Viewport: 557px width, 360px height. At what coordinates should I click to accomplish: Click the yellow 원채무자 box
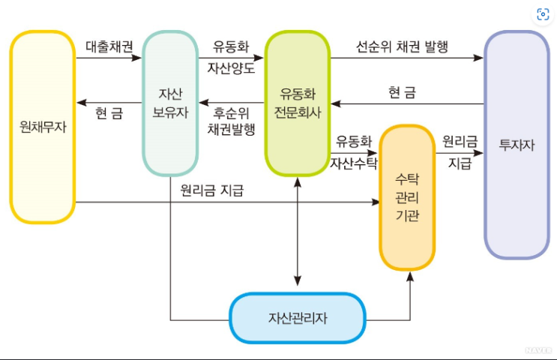pyautogui.click(x=43, y=127)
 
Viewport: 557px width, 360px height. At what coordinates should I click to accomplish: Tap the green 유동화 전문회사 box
pyautogui.click(x=298, y=103)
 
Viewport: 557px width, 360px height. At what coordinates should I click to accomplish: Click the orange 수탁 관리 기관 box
pyautogui.click(x=407, y=197)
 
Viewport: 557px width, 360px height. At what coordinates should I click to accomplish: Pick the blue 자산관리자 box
pyautogui.click(x=298, y=316)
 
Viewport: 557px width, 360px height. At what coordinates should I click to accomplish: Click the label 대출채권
pyautogui.click(x=109, y=45)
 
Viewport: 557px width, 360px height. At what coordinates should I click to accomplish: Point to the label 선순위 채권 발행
pyautogui.click(x=402, y=46)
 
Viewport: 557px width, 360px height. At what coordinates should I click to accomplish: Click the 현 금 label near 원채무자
pyautogui.click(x=109, y=114)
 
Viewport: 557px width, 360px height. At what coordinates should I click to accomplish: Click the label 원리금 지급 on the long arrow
pyautogui.click(x=212, y=190)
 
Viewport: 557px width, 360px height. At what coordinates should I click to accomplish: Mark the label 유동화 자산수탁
pyautogui.click(x=353, y=151)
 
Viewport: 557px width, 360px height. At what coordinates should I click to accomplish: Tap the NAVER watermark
pyautogui.click(x=538, y=349)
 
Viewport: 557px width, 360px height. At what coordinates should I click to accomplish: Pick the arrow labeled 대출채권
pyautogui.click(x=109, y=58)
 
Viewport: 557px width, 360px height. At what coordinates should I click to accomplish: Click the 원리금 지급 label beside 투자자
pyautogui.click(x=460, y=151)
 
